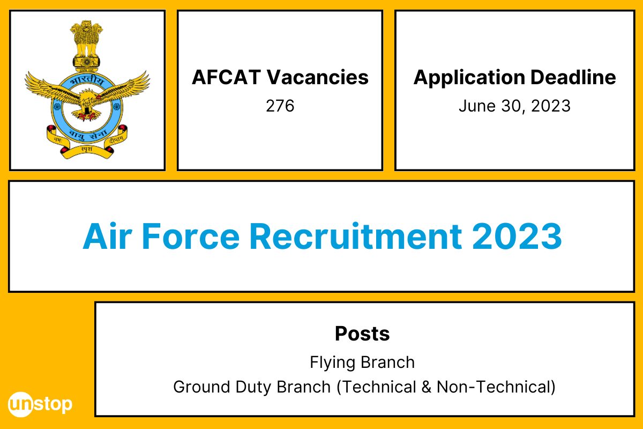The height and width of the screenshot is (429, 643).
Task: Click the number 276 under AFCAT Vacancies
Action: [x=280, y=106]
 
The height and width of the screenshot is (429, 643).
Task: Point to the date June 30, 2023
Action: [x=514, y=106]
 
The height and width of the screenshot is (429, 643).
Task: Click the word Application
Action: [x=461, y=78]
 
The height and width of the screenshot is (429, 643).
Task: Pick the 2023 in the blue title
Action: [x=517, y=236]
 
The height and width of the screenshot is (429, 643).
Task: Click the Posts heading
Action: [x=362, y=334]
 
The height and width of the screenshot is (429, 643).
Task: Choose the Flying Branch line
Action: [x=362, y=363]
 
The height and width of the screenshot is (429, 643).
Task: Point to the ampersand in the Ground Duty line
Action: [x=426, y=387]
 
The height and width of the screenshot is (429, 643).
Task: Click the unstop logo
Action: [x=40, y=404]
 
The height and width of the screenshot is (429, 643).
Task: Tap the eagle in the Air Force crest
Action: [x=86, y=102]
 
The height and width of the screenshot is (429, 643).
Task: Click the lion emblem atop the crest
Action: [x=87, y=40]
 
